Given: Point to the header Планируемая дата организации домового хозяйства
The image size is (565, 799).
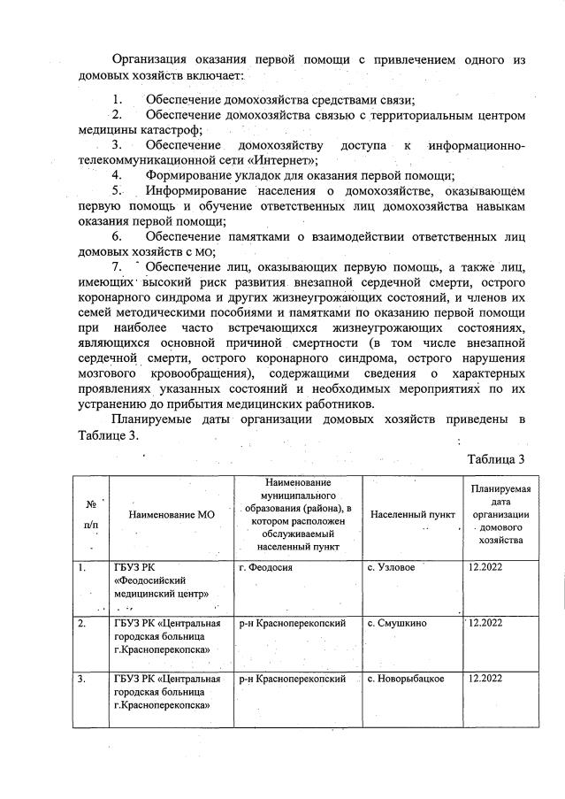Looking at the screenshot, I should pyautogui.click(x=500, y=513).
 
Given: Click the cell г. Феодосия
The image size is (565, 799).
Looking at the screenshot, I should pyautogui.click(x=266, y=567).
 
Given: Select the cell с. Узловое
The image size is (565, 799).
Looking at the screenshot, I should pyautogui.click(x=391, y=567).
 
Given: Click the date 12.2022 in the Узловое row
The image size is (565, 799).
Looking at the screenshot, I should pyautogui.click(x=484, y=567).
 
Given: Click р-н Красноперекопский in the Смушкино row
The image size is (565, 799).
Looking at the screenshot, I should pyautogui.click(x=292, y=623).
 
